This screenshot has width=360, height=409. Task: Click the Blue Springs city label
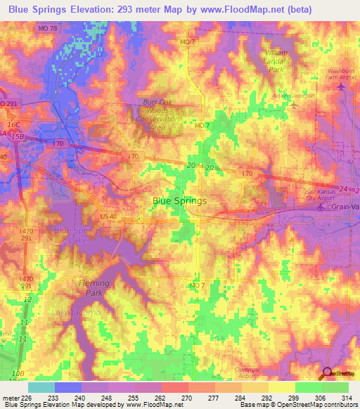(180, 201)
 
